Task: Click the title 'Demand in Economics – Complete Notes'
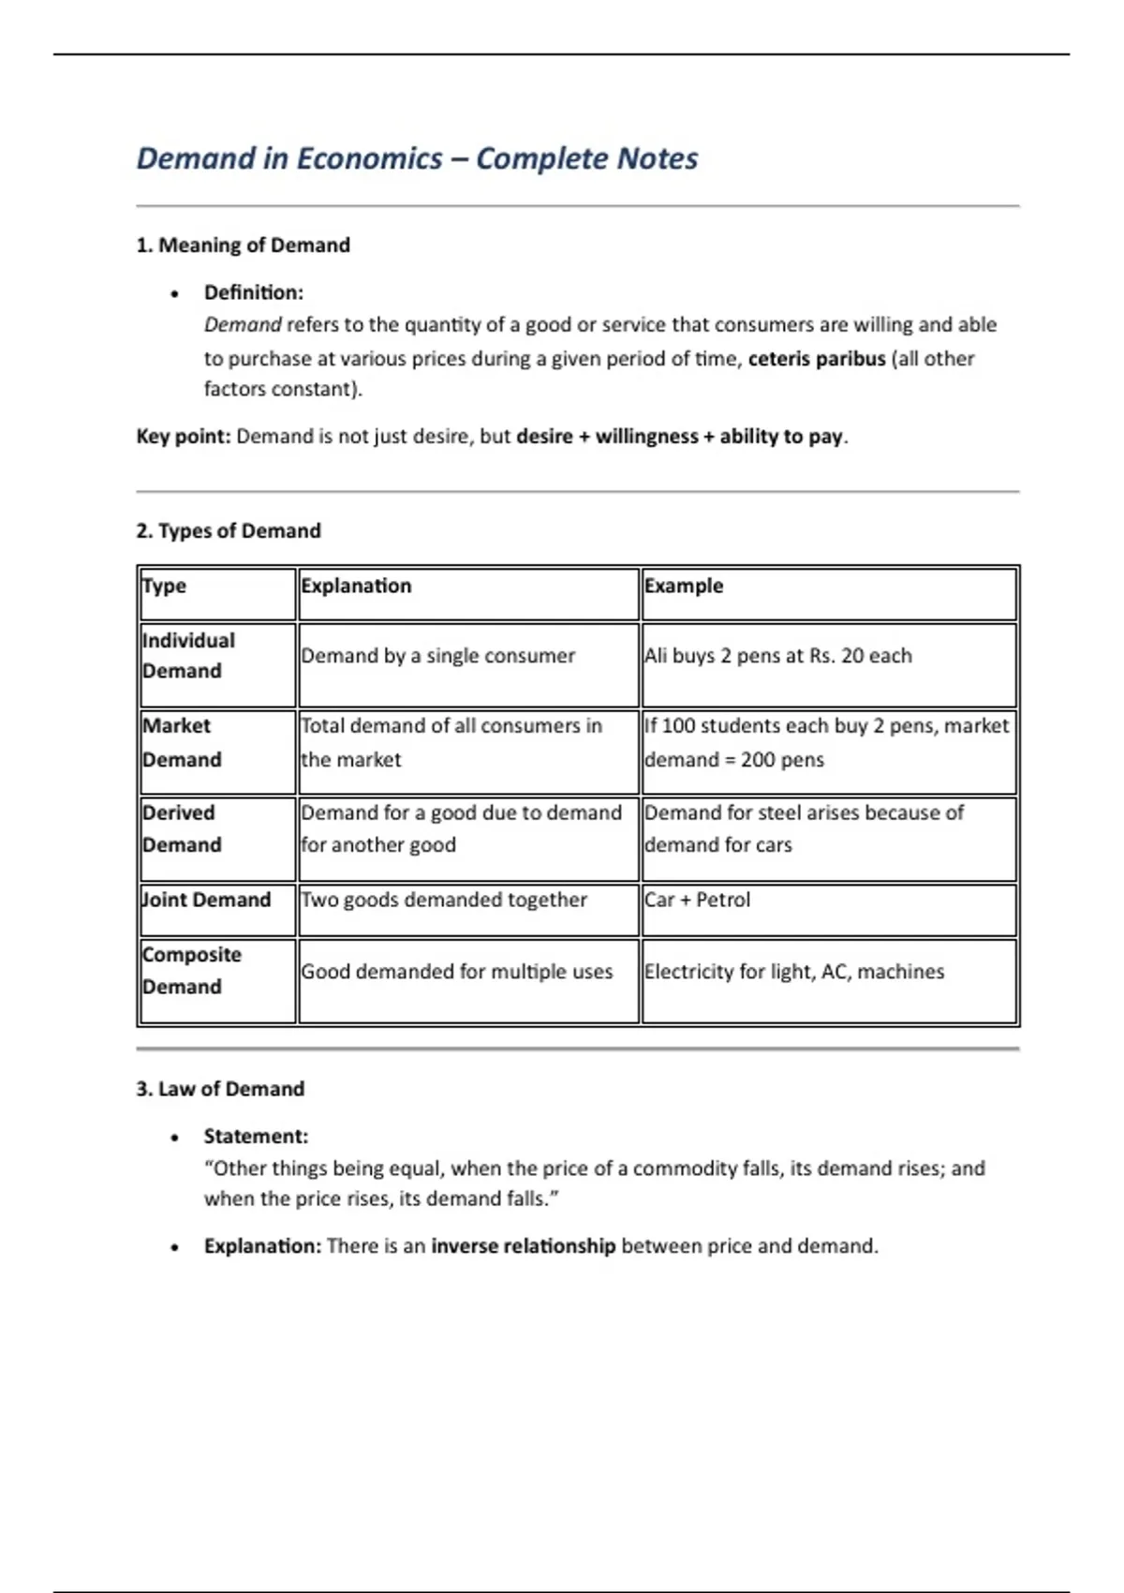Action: (417, 158)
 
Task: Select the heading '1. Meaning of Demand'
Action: (243, 246)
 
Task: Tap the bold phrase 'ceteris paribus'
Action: (816, 359)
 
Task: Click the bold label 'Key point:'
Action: (183, 437)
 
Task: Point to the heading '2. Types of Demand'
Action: (228, 531)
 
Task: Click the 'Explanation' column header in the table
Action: (356, 586)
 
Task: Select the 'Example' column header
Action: (684, 586)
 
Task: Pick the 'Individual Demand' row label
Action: (188, 656)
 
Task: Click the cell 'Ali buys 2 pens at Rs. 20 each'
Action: (777, 656)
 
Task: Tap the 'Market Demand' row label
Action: (182, 742)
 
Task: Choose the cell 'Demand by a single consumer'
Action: (437, 656)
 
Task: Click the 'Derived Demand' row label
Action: (182, 828)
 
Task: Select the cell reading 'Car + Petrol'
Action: (697, 900)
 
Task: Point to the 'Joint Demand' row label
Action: (206, 900)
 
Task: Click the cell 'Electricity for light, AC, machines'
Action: (793, 972)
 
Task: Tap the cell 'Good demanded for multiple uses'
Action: (456, 972)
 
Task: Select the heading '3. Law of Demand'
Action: (220, 1089)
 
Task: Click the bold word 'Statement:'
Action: (256, 1137)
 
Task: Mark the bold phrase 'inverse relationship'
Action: (523, 1246)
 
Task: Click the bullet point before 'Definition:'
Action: (175, 294)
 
